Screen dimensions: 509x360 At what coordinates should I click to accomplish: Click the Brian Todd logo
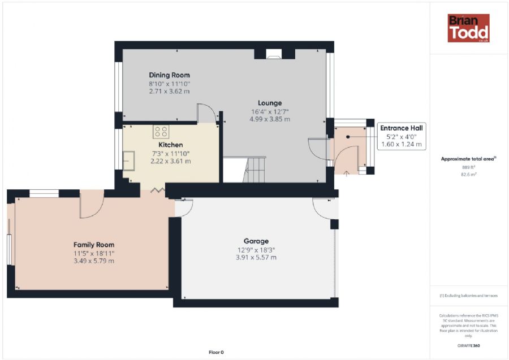tap(468, 28)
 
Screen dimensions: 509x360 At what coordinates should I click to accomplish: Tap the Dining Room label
tap(170, 75)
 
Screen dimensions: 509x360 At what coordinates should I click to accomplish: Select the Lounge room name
tap(270, 103)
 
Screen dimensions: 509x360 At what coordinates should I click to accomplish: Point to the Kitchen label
tap(171, 145)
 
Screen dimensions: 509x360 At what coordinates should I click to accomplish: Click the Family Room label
tap(94, 245)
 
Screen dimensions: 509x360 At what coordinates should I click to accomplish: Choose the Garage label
tap(256, 241)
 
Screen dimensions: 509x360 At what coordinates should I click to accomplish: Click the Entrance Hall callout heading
tap(402, 128)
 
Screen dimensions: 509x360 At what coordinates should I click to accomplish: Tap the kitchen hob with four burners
tap(161, 131)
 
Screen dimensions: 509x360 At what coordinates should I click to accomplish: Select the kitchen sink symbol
tap(128, 161)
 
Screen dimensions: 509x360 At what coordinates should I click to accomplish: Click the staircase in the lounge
tap(254, 170)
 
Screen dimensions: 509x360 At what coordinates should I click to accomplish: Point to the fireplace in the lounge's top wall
tap(274, 54)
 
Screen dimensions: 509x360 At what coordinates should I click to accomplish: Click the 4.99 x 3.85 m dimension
tap(270, 119)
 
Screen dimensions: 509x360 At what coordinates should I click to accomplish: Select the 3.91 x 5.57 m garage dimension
tap(256, 258)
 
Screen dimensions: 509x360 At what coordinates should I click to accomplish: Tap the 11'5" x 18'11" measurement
tap(94, 253)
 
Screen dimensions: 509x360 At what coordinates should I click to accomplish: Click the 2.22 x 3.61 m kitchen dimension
tap(171, 161)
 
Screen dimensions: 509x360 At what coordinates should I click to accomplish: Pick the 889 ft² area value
tap(469, 167)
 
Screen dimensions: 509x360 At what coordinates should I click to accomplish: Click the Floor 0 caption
tap(216, 352)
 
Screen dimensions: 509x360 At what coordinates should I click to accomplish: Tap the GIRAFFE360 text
tap(469, 346)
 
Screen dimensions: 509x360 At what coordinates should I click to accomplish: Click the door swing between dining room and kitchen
tap(206, 113)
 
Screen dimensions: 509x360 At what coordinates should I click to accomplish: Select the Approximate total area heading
tap(468, 159)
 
